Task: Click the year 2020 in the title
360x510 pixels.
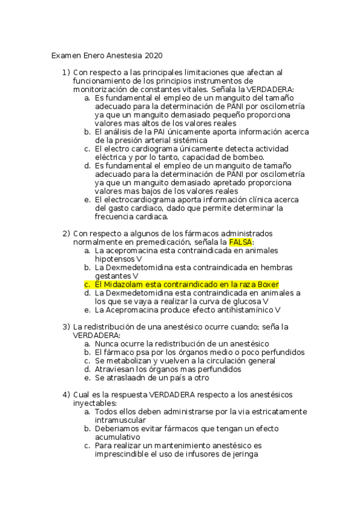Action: click(x=153, y=56)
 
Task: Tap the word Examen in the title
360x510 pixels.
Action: click(x=66, y=56)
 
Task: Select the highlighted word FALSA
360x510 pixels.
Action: click(x=241, y=241)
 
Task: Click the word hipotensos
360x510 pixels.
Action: click(x=115, y=258)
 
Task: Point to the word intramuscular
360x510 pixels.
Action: click(x=120, y=420)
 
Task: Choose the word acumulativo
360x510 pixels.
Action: click(x=117, y=437)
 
